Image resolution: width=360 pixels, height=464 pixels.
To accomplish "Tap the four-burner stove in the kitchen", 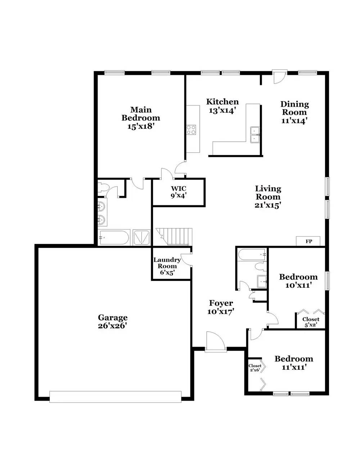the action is pos(191,130).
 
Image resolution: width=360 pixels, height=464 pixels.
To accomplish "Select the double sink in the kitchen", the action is pos(255,135).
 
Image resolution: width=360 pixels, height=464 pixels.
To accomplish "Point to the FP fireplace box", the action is pos(308,241).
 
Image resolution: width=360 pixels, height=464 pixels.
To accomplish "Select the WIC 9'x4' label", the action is pos(179,192).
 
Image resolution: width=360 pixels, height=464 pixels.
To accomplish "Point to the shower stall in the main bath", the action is pos(141,237).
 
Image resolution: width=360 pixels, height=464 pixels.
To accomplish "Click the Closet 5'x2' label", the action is pos(311,322).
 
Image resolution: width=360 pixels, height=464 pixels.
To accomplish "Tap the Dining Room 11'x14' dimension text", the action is pos(294,121).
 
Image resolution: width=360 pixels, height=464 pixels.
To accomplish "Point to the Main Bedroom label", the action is pos(141,118).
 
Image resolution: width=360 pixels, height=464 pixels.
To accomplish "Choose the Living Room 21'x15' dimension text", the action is pos(267,205).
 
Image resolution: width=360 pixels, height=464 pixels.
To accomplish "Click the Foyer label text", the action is pos(221,303).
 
